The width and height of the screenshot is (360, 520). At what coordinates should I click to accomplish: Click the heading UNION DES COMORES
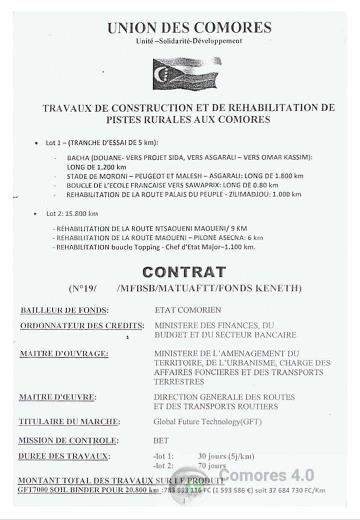coord(189,28)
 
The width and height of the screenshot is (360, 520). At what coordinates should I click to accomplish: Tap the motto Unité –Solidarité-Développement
coord(189,41)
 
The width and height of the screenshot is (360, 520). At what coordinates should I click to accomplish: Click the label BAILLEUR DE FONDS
coord(64,310)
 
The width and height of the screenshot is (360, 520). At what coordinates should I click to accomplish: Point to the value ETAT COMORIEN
coord(187,310)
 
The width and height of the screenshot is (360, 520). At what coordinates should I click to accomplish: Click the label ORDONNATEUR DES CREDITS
coord(82,326)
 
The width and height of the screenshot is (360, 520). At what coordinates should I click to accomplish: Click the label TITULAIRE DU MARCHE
coord(69,421)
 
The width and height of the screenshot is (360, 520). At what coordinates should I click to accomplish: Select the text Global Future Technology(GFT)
coord(208,421)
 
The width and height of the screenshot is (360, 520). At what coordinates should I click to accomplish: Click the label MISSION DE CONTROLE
coord(68,441)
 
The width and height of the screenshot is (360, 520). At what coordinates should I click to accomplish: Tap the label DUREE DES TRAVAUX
coord(64,456)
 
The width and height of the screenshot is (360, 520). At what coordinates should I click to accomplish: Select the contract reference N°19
coord(81,289)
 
